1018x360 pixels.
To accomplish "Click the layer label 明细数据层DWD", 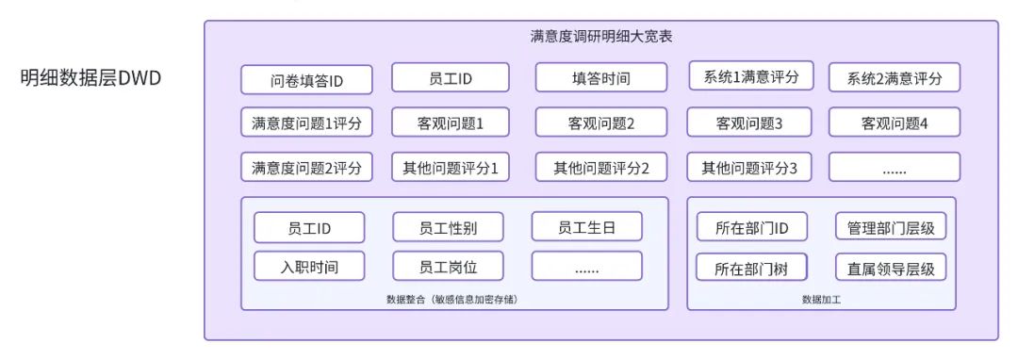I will pyautogui.click(x=91, y=77).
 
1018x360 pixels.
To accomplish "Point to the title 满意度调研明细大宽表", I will pyautogui.click(x=601, y=37).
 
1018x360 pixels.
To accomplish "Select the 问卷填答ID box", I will pyautogui.click(x=306, y=80).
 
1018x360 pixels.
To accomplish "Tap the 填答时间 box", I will pyautogui.click(x=600, y=78).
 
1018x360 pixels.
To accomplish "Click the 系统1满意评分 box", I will pyautogui.click(x=751, y=77).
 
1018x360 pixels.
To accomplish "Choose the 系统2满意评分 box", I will pyautogui.click(x=894, y=78).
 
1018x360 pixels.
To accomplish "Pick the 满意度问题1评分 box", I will pyautogui.click(x=306, y=123).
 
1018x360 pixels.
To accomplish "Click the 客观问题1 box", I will pyautogui.click(x=450, y=123).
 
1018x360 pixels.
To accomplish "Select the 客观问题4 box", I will pyautogui.click(x=894, y=123).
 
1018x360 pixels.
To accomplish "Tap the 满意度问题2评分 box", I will pyautogui.click(x=306, y=168).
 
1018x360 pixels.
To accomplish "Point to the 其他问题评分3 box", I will pyautogui.click(x=749, y=168).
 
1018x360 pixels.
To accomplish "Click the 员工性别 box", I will pyautogui.click(x=448, y=227).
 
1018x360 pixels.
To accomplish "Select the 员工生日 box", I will pyautogui.click(x=586, y=227).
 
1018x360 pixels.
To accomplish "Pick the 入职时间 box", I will pyautogui.click(x=309, y=267).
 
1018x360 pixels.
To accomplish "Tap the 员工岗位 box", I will pyautogui.click(x=448, y=267).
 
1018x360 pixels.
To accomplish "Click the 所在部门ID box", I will pyautogui.click(x=751, y=227).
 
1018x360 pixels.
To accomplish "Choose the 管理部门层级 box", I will pyautogui.click(x=891, y=227).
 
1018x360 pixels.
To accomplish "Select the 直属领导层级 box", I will pyautogui.click(x=891, y=268).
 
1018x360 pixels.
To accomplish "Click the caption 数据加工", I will pyautogui.click(x=821, y=300).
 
